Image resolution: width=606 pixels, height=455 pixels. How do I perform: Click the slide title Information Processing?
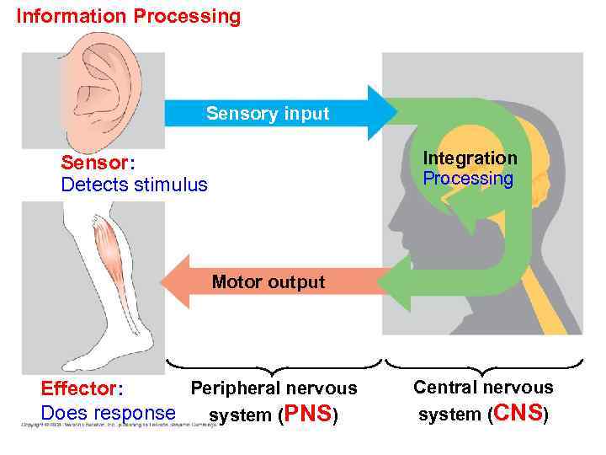pyautogui.click(x=129, y=16)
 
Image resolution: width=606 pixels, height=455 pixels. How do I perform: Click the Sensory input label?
pyautogui.click(x=268, y=114)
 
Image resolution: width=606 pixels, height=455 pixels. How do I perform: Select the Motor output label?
pyautogui.click(x=268, y=282)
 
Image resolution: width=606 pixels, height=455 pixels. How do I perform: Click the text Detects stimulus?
pyautogui.click(x=134, y=185)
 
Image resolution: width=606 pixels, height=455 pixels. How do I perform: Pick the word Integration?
pyautogui.click(x=470, y=158)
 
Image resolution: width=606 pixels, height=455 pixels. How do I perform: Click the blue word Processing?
pyautogui.click(x=467, y=179)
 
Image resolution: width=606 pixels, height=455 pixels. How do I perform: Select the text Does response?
pyautogui.click(x=109, y=414)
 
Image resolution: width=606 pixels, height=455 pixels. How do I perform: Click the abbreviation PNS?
pyautogui.click(x=311, y=415)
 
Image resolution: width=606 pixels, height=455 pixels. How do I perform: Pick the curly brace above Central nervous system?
pyautogui.click(x=483, y=367)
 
